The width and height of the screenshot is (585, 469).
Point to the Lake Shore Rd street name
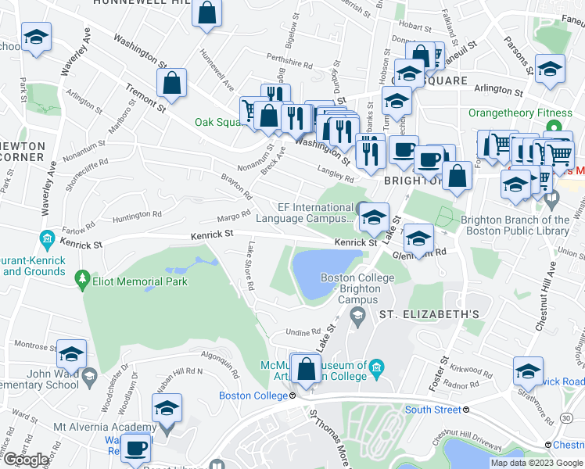coord(249,266)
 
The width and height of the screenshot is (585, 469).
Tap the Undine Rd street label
coord(304,331)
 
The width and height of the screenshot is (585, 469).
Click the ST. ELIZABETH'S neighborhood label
coord(429,314)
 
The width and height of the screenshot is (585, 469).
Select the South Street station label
coord(432,410)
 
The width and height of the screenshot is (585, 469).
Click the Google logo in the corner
coord(26,460)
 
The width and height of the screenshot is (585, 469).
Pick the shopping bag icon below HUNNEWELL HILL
coord(207,13)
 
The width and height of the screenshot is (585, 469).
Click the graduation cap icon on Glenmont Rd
coord(419,238)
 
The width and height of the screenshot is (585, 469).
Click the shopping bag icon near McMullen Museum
coord(307,367)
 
